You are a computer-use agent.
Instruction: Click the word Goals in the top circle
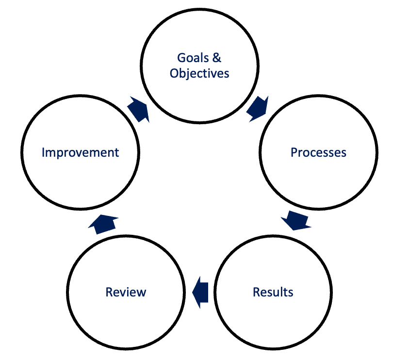(x=192, y=58)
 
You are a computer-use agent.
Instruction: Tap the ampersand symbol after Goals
(x=216, y=58)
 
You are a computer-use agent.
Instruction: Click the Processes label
(x=318, y=152)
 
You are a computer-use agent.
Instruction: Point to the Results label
(x=273, y=292)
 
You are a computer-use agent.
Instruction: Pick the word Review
(x=126, y=292)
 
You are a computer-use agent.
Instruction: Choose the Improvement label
(x=80, y=152)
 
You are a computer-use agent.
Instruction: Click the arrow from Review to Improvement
(x=104, y=223)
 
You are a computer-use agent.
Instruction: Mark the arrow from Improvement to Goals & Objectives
(x=139, y=109)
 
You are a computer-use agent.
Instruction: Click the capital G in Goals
(x=181, y=58)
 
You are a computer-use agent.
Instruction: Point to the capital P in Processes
(x=294, y=152)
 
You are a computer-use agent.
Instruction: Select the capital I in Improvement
(x=43, y=152)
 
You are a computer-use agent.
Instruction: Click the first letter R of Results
(x=256, y=292)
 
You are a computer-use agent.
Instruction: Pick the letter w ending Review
(x=141, y=292)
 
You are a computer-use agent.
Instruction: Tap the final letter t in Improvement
(x=117, y=152)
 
